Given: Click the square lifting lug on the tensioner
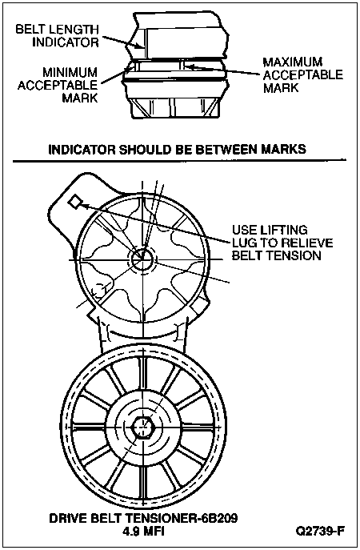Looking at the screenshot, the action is (74, 202).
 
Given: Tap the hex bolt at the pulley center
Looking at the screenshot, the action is (143, 428).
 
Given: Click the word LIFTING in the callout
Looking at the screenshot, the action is (283, 230).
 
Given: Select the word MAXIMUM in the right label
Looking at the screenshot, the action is (293, 62).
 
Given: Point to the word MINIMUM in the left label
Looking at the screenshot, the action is (70, 73).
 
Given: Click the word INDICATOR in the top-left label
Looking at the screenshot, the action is (66, 42).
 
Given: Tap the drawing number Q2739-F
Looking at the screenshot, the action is (320, 531).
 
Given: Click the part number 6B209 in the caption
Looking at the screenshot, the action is (216, 519).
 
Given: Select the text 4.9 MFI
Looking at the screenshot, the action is (143, 531).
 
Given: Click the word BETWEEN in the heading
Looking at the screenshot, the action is (226, 149).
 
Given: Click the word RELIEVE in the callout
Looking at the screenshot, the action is (306, 243).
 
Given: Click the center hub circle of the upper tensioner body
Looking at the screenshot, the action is (142, 259).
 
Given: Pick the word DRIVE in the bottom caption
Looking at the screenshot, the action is (67, 519).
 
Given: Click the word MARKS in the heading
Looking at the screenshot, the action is (283, 149).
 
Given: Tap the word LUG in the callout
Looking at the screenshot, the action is (244, 243).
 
